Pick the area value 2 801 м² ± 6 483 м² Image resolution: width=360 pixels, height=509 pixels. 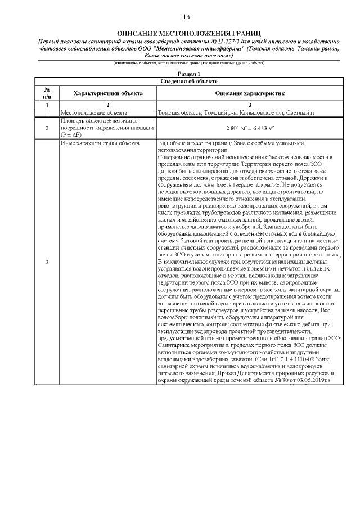click(x=249, y=128)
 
